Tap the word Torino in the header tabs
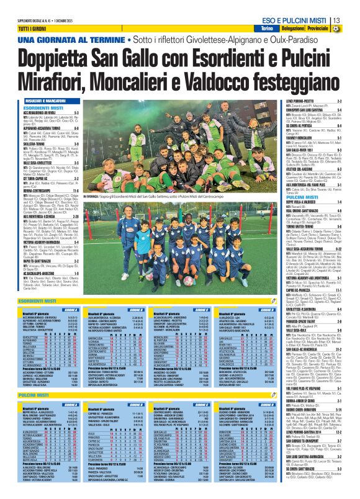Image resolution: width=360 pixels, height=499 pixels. [266, 29]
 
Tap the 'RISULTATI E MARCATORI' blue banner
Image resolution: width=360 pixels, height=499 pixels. [50, 99]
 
